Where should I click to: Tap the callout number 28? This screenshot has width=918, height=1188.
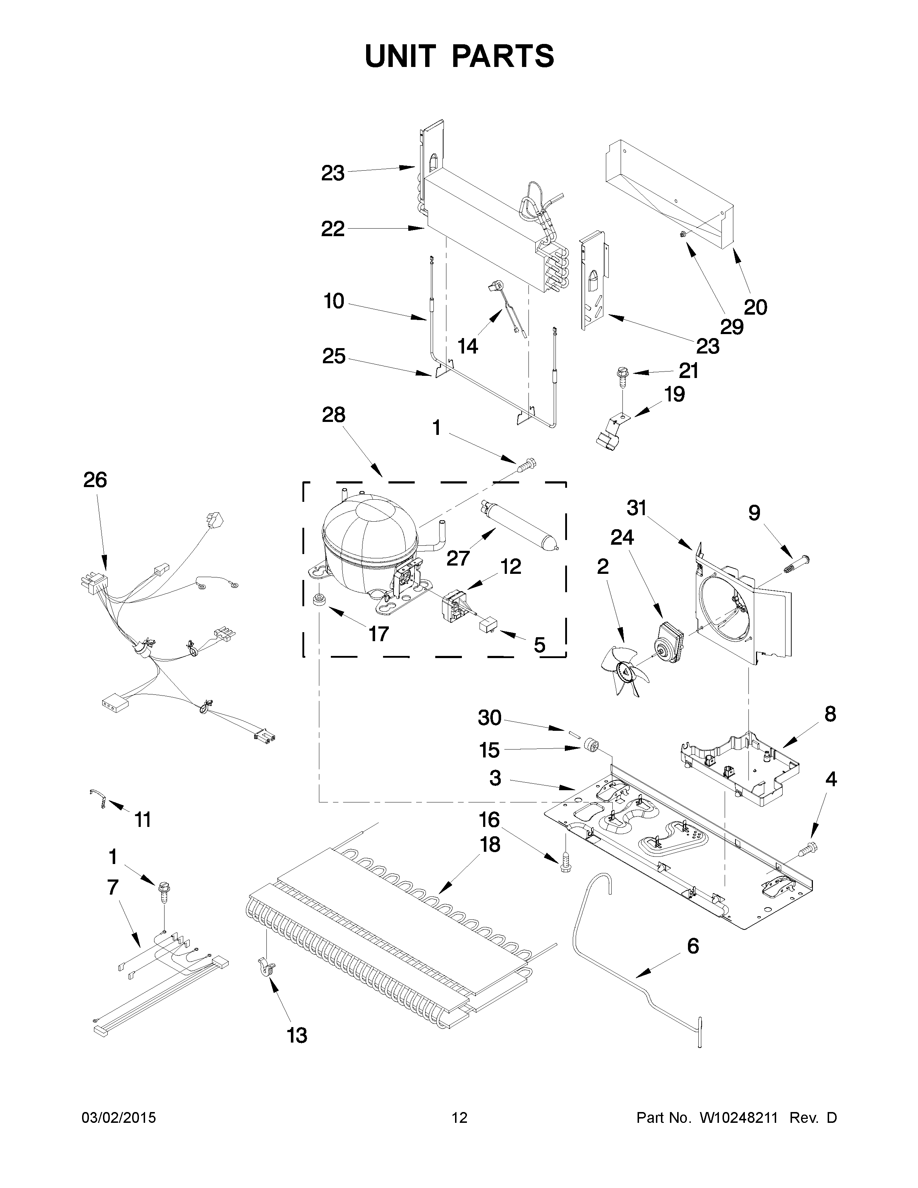click(333, 415)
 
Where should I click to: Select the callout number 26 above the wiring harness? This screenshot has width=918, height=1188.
click(95, 480)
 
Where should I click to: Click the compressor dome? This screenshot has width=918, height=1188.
click(369, 544)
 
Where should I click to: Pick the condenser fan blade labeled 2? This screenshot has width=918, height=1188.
click(624, 672)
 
